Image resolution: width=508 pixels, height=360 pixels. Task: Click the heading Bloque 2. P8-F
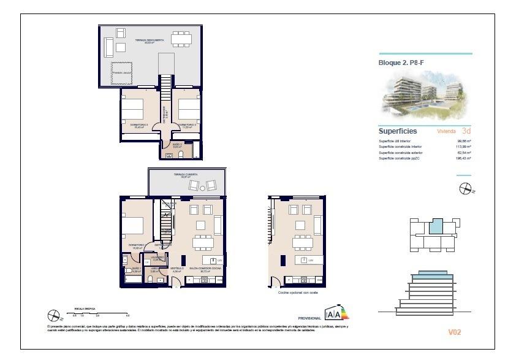401,62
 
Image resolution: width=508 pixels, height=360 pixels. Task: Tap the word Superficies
398,131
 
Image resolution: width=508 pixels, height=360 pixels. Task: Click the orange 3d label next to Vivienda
466,131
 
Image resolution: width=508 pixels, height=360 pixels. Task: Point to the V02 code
454,332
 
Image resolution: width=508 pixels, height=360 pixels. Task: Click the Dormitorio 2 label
187,125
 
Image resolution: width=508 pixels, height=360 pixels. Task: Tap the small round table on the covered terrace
202,185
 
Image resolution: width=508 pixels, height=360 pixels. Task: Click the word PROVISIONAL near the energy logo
309,318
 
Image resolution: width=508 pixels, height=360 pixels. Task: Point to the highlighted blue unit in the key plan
434,227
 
